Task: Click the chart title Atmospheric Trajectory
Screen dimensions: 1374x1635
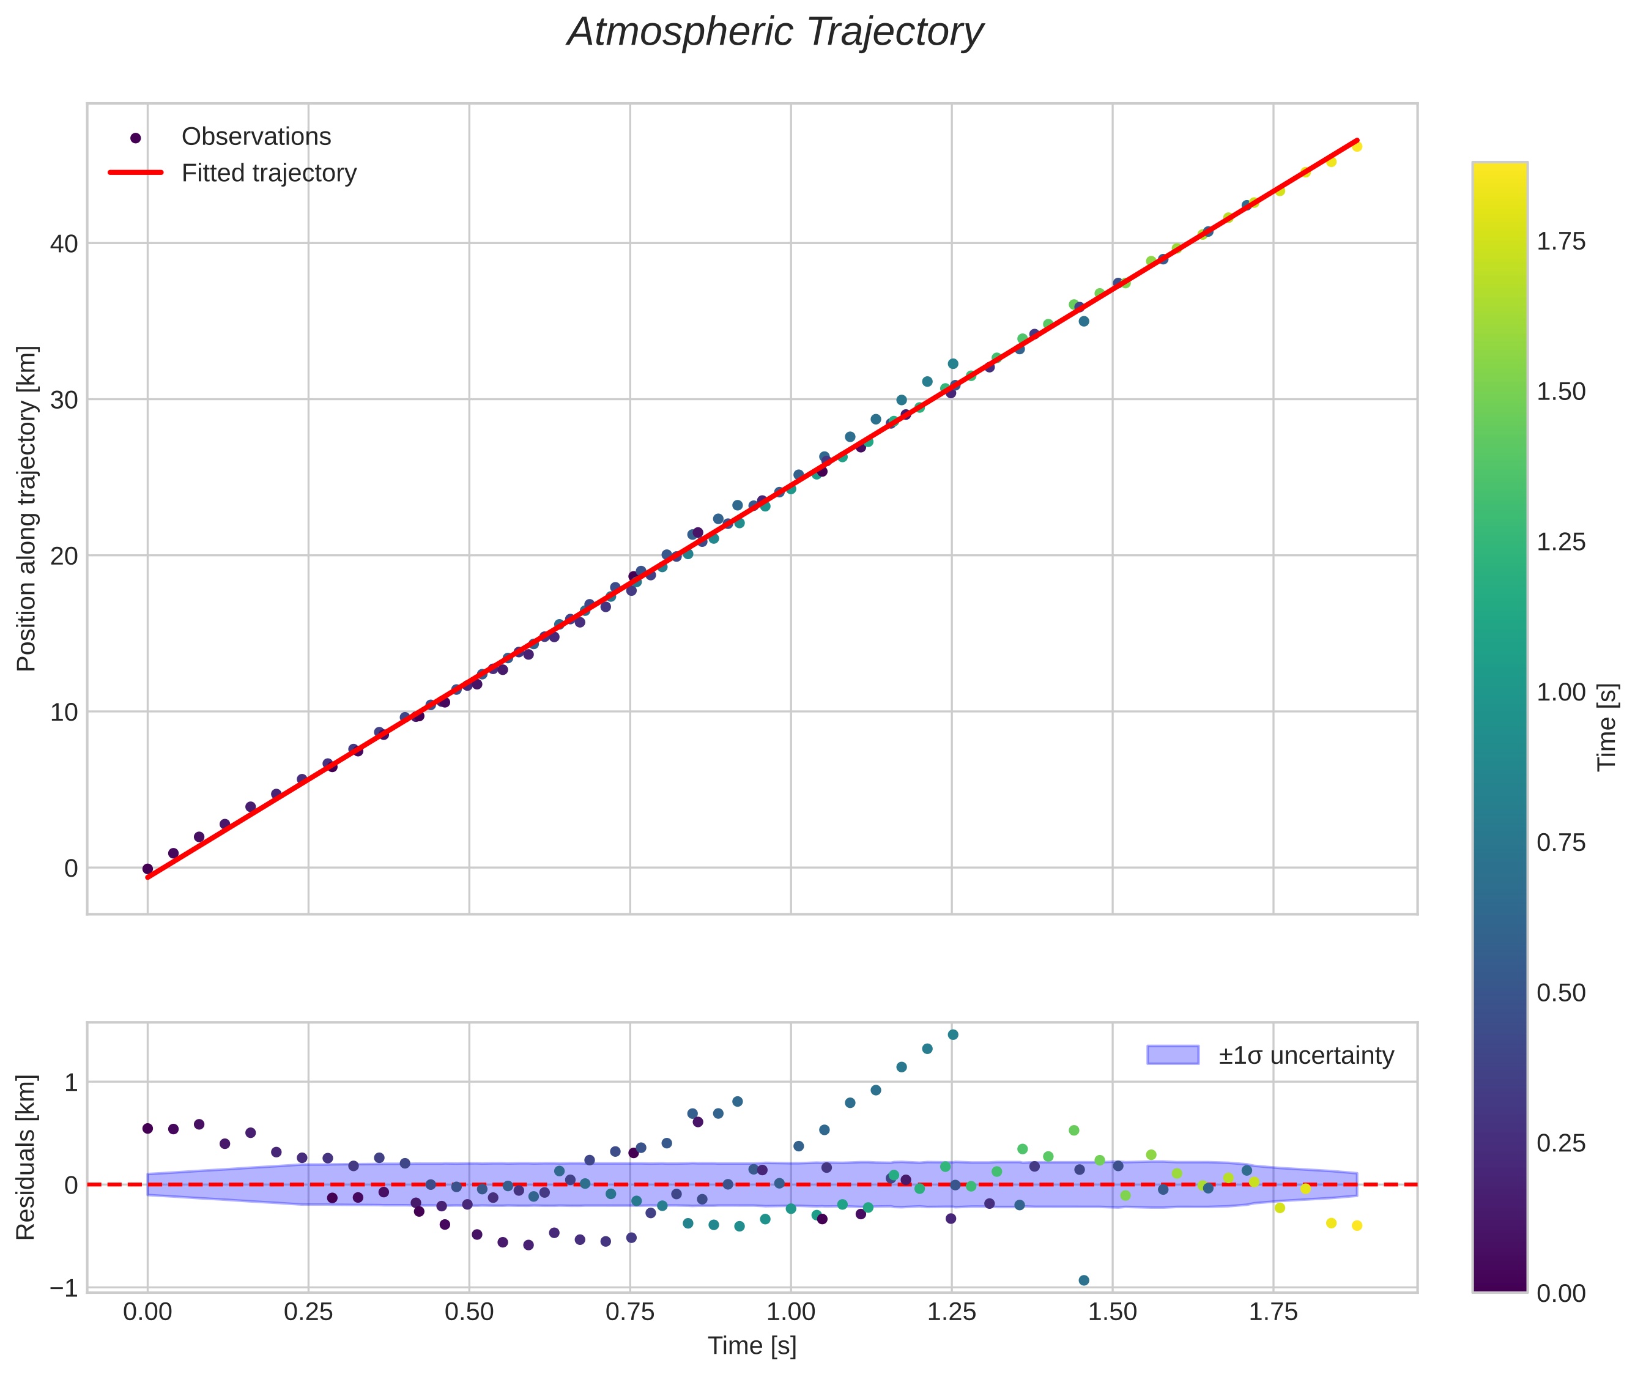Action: tap(775, 32)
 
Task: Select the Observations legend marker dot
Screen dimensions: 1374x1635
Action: tap(136, 138)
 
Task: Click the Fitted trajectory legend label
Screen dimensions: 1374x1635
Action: tap(269, 173)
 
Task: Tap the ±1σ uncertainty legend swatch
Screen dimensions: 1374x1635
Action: tap(1173, 1055)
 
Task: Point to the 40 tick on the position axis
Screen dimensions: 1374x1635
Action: tap(64, 244)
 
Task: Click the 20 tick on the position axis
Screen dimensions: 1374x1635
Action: tap(64, 556)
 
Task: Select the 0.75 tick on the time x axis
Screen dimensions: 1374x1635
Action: tap(630, 1312)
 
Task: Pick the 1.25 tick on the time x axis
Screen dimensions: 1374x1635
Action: tap(951, 1312)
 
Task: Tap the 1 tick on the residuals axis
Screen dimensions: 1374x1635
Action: tap(71, 1082)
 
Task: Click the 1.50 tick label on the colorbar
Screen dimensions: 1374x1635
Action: tap(1561, 392)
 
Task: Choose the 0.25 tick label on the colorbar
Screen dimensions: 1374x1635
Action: tap(1561, 1143)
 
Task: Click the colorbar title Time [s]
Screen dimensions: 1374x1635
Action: tap(1606, 727)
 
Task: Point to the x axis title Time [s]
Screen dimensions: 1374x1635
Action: tap(752, 1346)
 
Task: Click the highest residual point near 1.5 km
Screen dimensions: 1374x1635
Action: tap(952, 1034)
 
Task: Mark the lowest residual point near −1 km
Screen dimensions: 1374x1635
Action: tap(1083, 1280)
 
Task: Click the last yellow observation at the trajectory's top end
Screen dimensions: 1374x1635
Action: tap(1357, 146)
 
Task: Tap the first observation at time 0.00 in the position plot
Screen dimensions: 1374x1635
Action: tap(147, 869)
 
